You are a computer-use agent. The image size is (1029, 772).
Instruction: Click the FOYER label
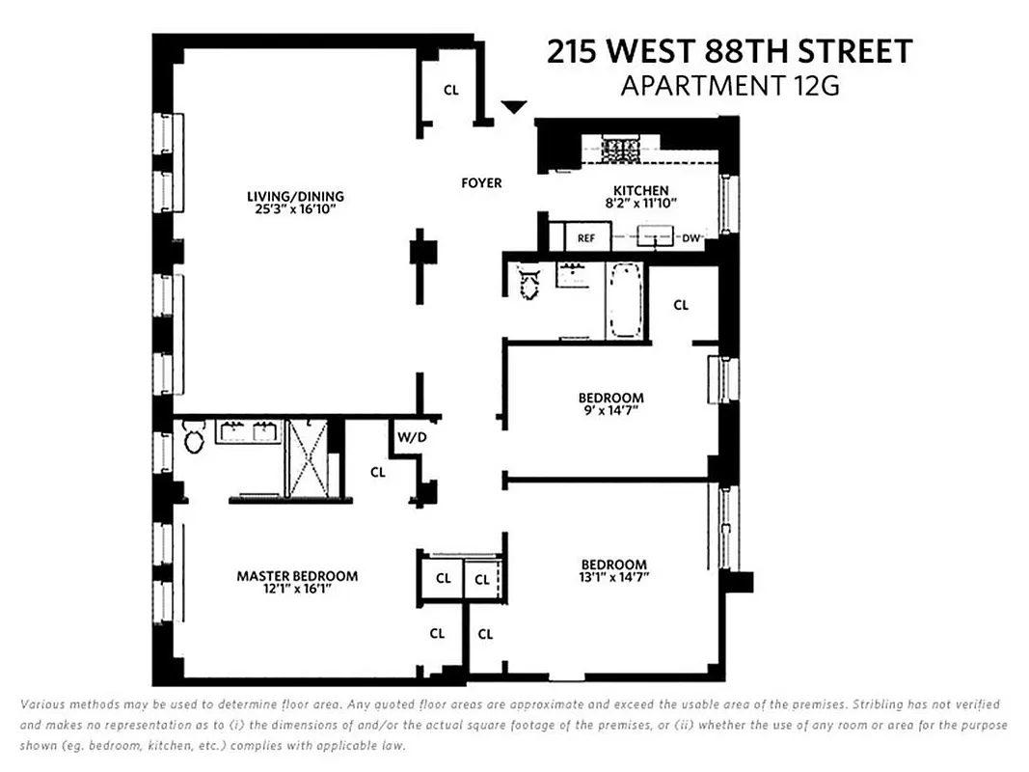(x=481, y=182)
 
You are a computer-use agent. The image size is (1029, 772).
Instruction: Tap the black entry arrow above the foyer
(x=516, y=106)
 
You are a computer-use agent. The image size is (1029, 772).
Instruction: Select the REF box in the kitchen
(x=586, y=237)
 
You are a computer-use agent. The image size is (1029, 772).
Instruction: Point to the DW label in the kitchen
(x=691, y=236)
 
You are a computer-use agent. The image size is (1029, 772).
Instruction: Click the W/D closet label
(x=405, y=437)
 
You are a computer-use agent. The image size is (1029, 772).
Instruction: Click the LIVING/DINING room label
(x=295, y=197)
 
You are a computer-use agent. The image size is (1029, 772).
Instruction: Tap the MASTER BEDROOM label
(x=297, y=576)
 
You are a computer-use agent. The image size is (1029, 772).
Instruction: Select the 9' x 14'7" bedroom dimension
(x=611, y=410)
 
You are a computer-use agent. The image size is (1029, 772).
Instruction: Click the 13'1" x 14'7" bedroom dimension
(x=613, y=578)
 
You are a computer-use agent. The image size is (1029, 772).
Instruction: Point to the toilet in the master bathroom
(x=193, y=440)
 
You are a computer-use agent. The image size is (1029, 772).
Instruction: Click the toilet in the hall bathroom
(x=528, y=282)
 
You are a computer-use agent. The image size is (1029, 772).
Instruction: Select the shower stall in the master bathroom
(x=307, y=457)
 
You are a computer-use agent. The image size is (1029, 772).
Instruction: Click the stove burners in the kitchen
(x=615, y=150)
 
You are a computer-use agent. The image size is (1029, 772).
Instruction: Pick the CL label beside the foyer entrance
(x=450, y=90)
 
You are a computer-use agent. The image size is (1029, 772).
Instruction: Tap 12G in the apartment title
(x=813, y=86)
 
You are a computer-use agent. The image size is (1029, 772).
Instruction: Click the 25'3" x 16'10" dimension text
(x=295, y=209)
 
